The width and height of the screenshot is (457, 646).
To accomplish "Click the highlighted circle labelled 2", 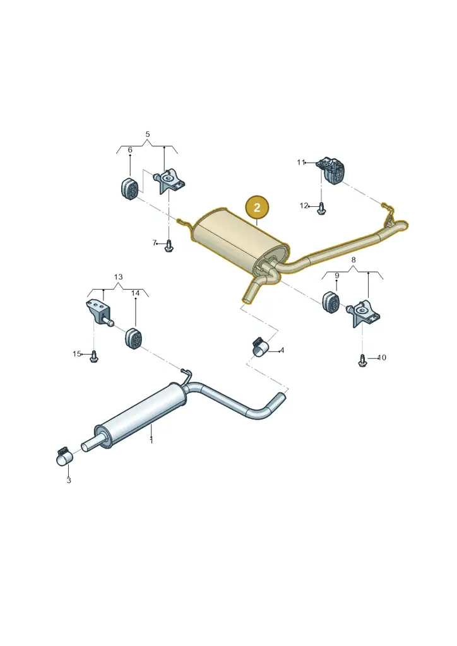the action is pos(257,207).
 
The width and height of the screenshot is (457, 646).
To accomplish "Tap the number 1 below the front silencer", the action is pos(151,441).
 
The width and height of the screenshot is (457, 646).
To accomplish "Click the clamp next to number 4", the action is pos(260,348).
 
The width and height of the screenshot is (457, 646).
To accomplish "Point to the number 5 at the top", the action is pos(148,134).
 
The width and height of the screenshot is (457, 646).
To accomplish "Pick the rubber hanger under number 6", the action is pos(129,189).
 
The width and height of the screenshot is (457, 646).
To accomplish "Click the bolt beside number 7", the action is pos(169,246).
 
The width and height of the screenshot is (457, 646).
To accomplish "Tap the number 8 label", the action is pos(353,260).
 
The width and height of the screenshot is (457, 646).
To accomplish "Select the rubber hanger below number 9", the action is pos(329,302).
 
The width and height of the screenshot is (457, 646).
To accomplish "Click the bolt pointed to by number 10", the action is pos(362,360).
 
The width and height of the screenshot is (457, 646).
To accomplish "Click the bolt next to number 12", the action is pos(321,208).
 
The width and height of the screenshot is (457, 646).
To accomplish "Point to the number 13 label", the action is pos(118,277).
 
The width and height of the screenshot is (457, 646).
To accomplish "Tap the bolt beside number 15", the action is pos(94,357).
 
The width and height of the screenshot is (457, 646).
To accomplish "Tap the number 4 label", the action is pos(282,351).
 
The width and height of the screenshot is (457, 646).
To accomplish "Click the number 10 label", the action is pos(382,358).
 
